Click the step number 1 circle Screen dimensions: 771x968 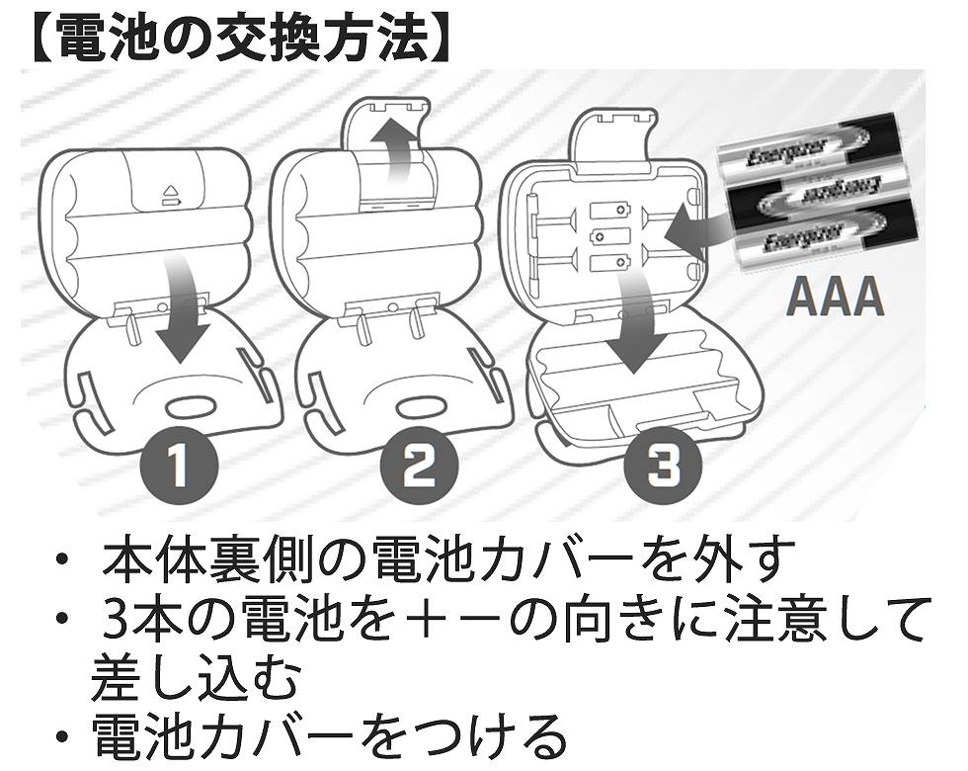(x=178, y=466)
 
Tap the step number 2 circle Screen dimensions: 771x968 (x=419, y=466)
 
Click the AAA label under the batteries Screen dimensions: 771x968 (x=836, y=298)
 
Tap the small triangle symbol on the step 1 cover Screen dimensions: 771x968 (x=168, y=188)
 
